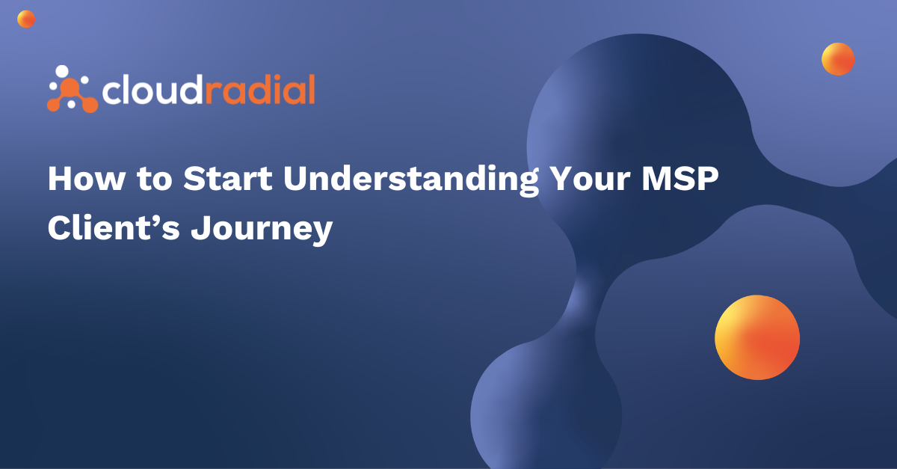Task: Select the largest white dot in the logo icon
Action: click(x=63, y=72)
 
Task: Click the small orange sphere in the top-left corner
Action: click(x=26, y=19)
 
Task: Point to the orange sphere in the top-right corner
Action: click(x=838, y=58)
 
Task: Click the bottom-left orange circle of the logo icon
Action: click(x=54, y=105)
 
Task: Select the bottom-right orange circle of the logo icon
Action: click(x=90, y=104)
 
